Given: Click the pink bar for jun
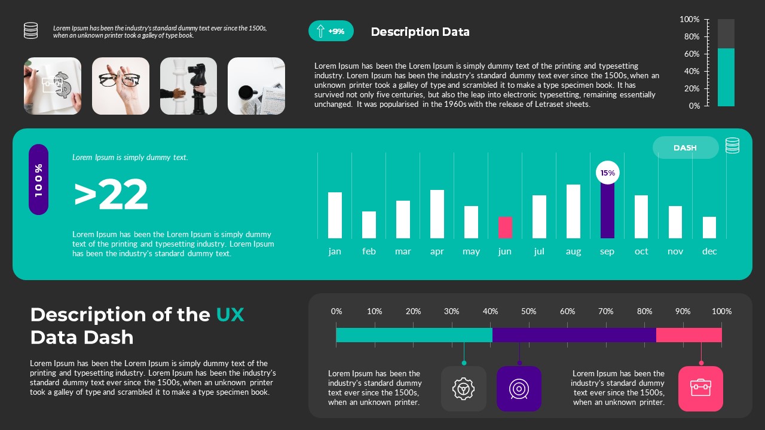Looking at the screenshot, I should pos(505,228).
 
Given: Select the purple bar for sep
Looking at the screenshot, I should pos(607,210).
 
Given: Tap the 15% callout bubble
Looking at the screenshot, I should pos(607,173).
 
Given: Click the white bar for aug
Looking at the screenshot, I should pos(573,211).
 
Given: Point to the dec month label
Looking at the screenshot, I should pos(709,251).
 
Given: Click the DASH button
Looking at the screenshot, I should pos(685,148).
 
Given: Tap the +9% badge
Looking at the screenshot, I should pos(331,31).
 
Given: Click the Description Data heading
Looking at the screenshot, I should pos(420,32).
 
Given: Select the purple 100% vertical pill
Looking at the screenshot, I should pos(39,180).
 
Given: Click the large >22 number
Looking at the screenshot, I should pos(111,195).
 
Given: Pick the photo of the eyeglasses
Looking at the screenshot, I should pos(121,86).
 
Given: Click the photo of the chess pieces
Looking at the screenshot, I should pos(188,86).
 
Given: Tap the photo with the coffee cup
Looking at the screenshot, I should pos(256,86).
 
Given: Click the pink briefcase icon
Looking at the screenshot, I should pos(700,389).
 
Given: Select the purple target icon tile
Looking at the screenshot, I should pos(519,389).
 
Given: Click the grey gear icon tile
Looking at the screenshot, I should pos(463,389).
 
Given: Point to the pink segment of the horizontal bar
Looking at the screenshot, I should pos(688,335).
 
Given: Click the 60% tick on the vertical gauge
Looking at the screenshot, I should pos(692,54).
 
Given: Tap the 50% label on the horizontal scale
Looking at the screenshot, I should pos(529,311).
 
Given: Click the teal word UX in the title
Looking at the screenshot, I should pos(230,315).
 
